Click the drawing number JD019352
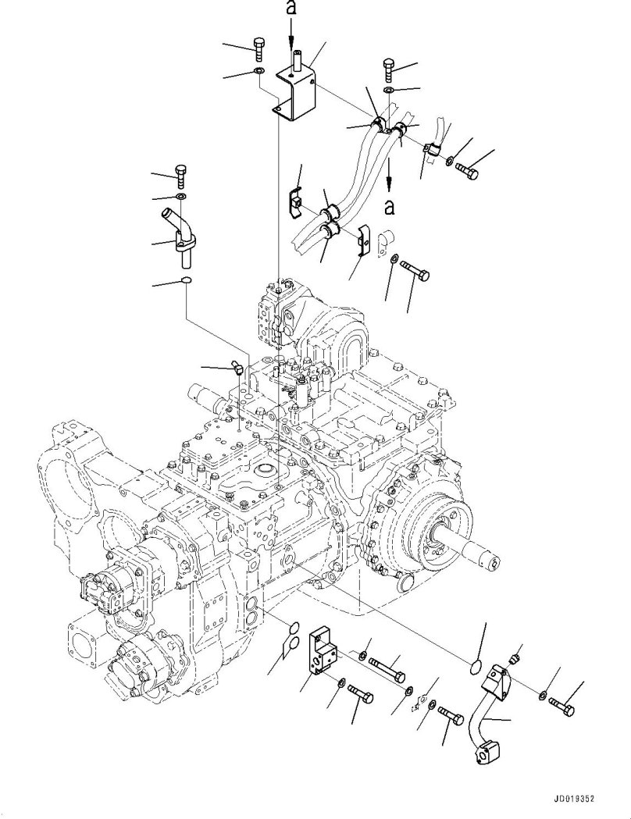(x=583, y=799)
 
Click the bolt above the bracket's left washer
(x=259, y=49)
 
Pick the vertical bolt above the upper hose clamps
(x=390, y=70)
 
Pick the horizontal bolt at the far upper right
(x=469, y=169)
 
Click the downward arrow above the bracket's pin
(x=291, y=34)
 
